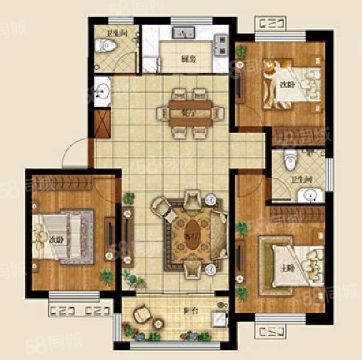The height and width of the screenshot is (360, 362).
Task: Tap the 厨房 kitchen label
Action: pos(189,59)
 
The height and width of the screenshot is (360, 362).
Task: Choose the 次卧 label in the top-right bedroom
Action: pos(286,85)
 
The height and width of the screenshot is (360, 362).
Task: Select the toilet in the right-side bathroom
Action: pos(291,161)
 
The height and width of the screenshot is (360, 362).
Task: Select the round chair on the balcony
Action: pos(142,314)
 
